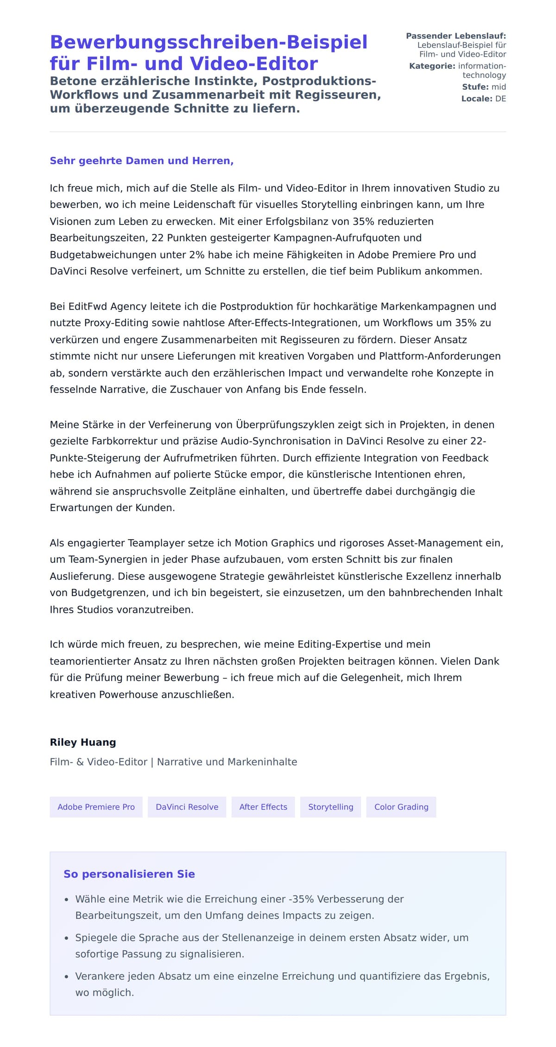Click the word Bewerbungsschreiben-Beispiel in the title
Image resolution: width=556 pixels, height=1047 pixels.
click(x=208, y=42)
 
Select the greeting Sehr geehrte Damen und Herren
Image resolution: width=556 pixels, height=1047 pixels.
click(x=141, y=161)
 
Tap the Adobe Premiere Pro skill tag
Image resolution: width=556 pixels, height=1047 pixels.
click(x=96, y=807)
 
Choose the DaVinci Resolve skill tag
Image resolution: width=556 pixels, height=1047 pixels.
click(x=187, y=807)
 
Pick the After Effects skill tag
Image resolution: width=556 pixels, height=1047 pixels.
click(x=263, y=807)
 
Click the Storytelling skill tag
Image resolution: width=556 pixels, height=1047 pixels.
click(x=330, y=807)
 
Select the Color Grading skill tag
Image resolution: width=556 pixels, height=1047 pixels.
click(x=401, y=807)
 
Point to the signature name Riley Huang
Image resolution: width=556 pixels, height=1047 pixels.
click(x=83, y=742)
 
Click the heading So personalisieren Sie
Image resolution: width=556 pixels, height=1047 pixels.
click(x=129, y=874)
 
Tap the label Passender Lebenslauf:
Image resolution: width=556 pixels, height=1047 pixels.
click(x=456, y=36)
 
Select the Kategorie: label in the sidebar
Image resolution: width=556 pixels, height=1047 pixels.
click(x=432, y=66)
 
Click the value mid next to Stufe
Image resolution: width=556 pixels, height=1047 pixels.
click(x=499, y=87)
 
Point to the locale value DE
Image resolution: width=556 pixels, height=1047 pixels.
click(x=500, y=99)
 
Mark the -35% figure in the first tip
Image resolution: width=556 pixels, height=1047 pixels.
click(x=301, y=899)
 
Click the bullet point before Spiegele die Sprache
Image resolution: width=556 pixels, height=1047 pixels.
click(x=67, y=938)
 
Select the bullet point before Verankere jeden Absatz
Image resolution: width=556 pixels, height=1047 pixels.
click(x=67, y=977)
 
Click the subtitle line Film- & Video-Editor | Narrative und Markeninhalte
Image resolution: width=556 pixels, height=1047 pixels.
click(x=173, y=762)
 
